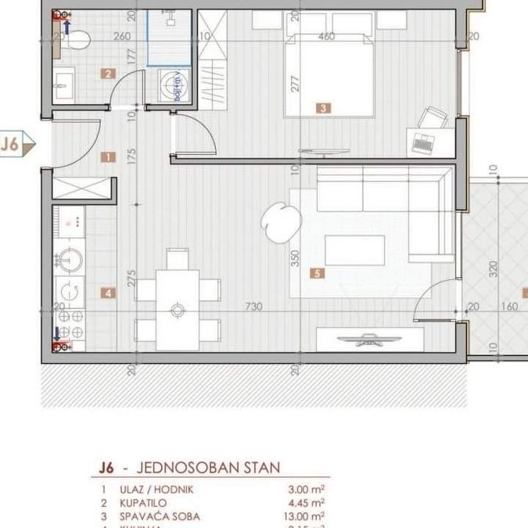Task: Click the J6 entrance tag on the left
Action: click(15, 144)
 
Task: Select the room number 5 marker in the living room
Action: click(316, 274)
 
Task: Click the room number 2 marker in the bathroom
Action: click(108, 75)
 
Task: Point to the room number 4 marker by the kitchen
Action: click(108, 293)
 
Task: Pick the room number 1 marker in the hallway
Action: click(108, 157)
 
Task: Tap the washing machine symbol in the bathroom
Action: click(171, 87)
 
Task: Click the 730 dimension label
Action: click(253, 307)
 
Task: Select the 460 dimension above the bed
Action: click(327, 36)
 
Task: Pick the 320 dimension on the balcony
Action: click(493, 270)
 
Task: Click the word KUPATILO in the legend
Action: click(145, 503)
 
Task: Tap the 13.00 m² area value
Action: click(306, 516)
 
